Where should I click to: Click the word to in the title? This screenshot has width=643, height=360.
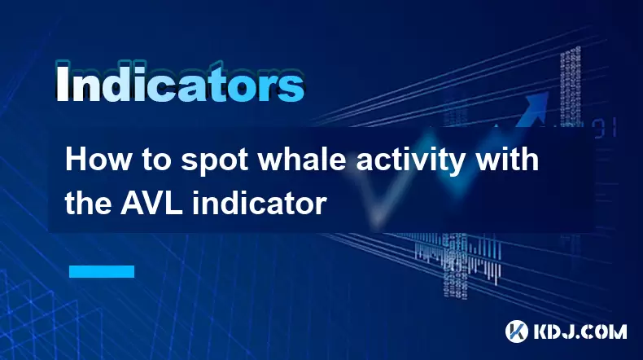click(x=156, y=161)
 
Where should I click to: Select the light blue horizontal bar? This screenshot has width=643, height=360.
click(x=102, y=271)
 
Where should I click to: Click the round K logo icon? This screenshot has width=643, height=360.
click(x=517, y=331)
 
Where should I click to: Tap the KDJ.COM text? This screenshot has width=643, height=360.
click(x=580, y=331)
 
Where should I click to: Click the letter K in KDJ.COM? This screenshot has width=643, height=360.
click(x=542, y=331)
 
